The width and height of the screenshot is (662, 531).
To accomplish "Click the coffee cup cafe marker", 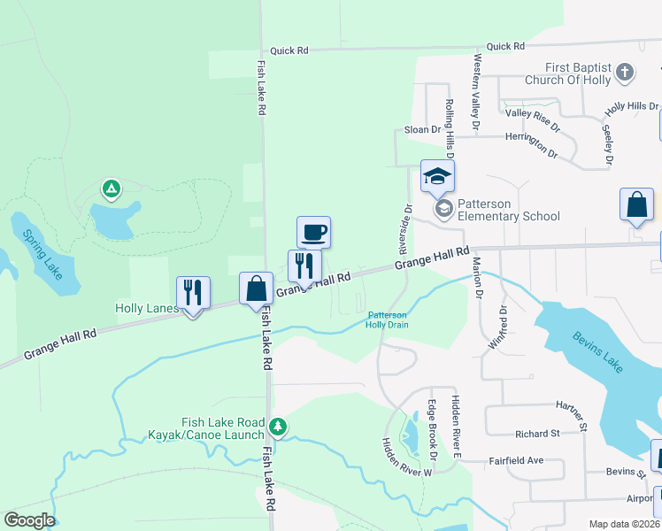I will click(313, 233).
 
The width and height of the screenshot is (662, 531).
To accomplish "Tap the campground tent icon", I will click(111, 189).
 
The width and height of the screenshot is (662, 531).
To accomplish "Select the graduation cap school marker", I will click(437, 177).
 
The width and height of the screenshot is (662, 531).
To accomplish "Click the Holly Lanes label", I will click(147, 309).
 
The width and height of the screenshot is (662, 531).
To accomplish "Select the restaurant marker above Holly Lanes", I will click(193, 292).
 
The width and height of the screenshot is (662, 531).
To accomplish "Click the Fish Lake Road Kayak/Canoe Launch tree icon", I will click(278, 428).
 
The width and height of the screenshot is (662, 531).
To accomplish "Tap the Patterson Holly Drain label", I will click(388, 319).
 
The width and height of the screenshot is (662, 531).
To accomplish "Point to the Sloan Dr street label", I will click(422, 130).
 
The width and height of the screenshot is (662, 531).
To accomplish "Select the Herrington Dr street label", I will click(531, 144).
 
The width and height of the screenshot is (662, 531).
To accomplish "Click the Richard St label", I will click(537, 434).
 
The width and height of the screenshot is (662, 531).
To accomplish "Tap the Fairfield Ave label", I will click(517, 461).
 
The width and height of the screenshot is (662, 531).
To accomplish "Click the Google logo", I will click(29, 520).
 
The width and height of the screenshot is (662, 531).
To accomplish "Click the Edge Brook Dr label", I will click(433, 431).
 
